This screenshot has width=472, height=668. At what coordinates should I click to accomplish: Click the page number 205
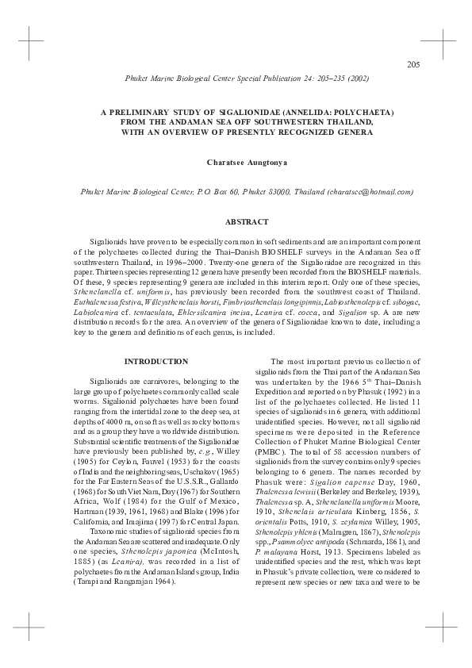(412, 64)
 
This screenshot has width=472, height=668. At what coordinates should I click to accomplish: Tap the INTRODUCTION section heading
(157, 362)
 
